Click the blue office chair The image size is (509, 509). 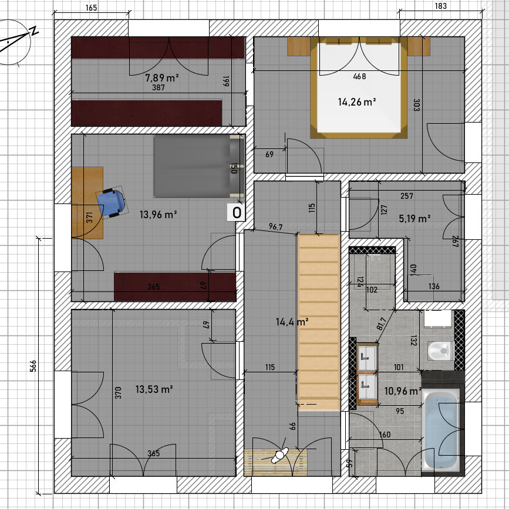111,202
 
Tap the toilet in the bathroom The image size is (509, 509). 441,351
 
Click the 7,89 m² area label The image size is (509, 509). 162,78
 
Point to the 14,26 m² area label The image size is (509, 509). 357,102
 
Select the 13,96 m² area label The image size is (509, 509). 159,214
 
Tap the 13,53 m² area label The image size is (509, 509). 154,389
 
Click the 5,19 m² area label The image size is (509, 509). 414,219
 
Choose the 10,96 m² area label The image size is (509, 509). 403,391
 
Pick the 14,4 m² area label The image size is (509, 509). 292,322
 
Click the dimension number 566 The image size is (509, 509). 33,366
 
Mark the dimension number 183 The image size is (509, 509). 441,6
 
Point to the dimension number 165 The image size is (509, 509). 92,8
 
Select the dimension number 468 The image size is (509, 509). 359,76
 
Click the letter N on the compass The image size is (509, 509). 34,30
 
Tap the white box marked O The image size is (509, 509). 237,213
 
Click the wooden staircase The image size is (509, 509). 319,323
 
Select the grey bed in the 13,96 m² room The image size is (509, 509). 199,166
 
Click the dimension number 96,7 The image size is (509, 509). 275,226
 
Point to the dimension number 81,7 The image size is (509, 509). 382,324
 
